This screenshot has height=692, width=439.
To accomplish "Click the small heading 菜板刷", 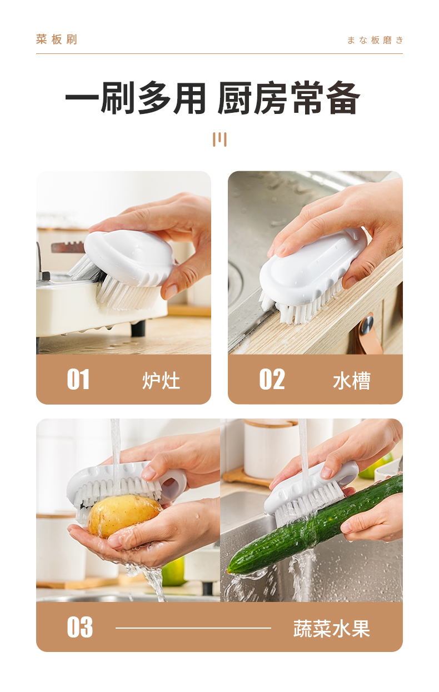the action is (x=57, y=39).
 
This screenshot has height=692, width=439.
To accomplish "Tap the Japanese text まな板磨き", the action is (x=375, y=40).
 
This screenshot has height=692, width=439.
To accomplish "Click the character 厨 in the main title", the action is (x=235, y=98).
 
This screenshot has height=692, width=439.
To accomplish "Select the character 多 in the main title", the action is (x=154, y=98).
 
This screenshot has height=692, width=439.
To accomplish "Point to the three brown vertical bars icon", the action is (x=219, y=140).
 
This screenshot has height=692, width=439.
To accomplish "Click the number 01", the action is (x=78, y=379).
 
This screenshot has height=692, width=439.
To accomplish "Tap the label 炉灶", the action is (x=161, y=381).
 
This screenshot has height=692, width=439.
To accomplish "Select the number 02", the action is (x=272, y=379).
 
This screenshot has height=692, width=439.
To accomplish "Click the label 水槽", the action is (x=352, y=381).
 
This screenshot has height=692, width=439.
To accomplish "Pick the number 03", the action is (x=79, y=627).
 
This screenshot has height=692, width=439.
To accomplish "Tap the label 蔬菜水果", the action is (x=332, y=629).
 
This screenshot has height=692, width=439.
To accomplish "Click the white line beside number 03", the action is (x=193, y=628).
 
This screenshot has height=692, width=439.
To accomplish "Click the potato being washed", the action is (x=123, y=515).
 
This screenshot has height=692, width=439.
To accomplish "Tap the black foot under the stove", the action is (x=138, y=328).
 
